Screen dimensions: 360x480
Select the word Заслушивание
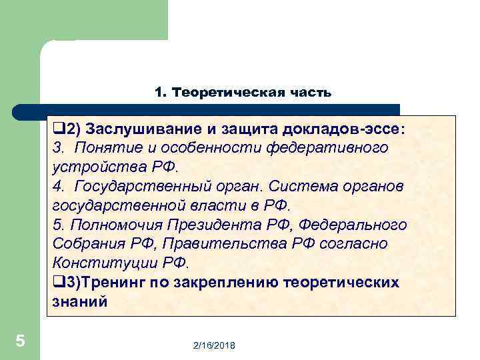click(134, 128)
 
